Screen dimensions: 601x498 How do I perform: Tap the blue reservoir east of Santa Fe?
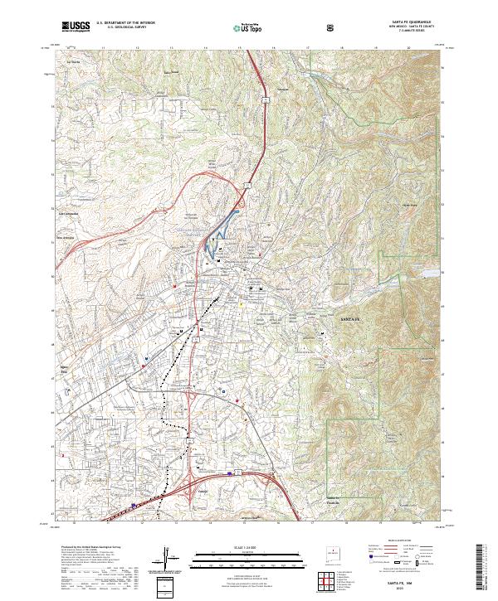[427, 271]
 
